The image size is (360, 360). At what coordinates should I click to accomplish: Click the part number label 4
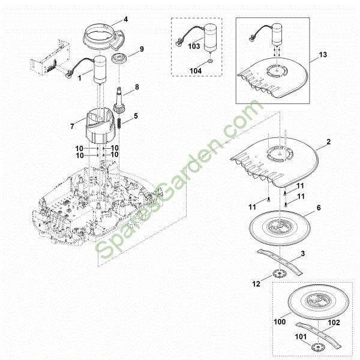pos(125,19)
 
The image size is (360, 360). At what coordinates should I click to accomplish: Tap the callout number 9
pos(142,49)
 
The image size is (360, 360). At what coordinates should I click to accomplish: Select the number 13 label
pos(323,55)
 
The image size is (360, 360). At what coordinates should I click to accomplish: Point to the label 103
pos(194,46)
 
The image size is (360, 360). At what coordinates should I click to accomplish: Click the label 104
pos(196,71)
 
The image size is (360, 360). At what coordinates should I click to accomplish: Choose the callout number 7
pos(73,126)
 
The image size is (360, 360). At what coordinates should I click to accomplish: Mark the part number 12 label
pos(256,284)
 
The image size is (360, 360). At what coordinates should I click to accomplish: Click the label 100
pos(280,322)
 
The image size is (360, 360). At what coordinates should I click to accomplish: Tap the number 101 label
pos(301,337)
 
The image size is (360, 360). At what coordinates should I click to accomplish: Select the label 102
pos(334,323)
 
